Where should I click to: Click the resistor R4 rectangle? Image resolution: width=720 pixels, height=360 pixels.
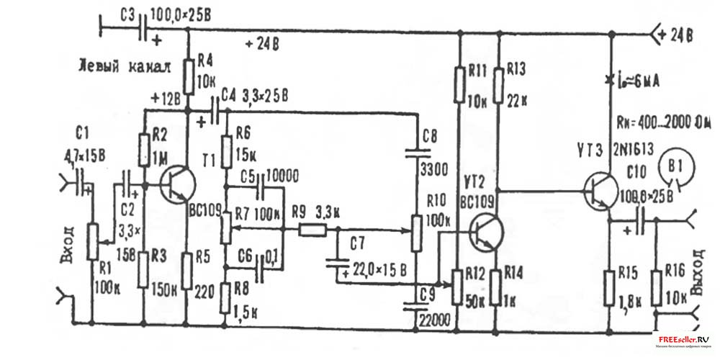pos(188,77)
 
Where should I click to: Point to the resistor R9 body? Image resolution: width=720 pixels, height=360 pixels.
pos(312,231)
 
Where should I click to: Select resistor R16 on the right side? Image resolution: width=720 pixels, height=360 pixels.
pos(657,288)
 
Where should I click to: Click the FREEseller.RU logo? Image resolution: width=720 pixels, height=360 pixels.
pos(681,340)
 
